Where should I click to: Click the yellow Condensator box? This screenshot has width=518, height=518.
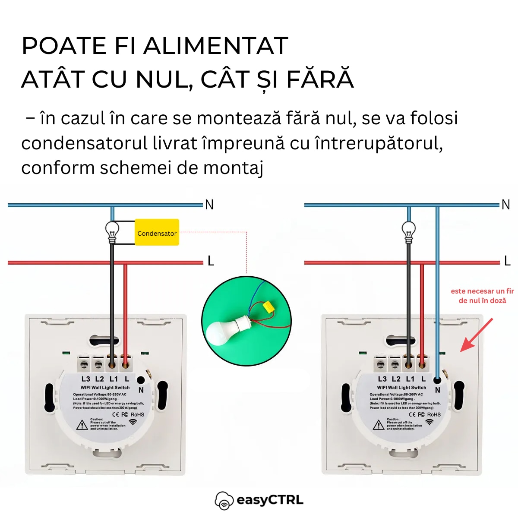click(157, 233)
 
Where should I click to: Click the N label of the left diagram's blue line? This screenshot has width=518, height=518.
click(209, 205)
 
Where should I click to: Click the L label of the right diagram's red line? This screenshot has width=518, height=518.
click(507, 261)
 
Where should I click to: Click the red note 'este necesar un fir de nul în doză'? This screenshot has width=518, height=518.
click(482, 296)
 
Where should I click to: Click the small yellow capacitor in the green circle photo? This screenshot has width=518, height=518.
click(270, 307)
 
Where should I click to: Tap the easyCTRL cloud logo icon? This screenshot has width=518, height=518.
click(224, 501)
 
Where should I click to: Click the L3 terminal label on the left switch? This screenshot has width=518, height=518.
click(86, 379)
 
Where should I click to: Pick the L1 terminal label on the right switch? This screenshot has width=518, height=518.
click(410, 379)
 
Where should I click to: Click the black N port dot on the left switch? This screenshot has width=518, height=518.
click(141, 380)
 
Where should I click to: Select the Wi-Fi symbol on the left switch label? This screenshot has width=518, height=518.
click(133, 422)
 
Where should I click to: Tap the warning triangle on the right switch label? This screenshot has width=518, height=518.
click(379, 425)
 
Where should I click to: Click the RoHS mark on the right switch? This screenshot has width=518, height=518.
click(434, 414)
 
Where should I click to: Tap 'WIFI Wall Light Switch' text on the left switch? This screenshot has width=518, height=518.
click(105, 388)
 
